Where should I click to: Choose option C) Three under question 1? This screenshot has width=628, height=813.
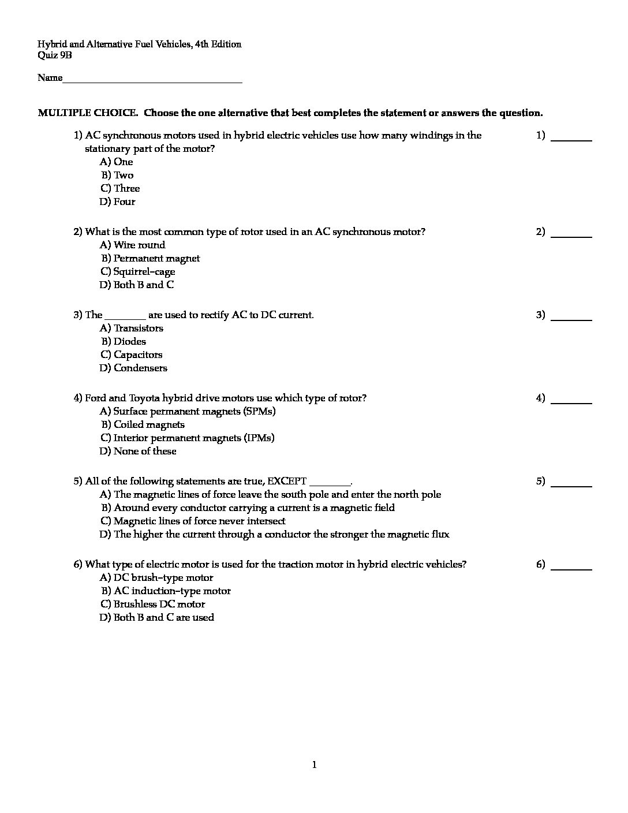tap(120, 188)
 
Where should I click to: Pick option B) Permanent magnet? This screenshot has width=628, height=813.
tap(151, 258)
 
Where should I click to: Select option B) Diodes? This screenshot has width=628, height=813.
tap(124, 341)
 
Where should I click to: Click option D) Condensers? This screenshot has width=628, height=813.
tap(133, 368)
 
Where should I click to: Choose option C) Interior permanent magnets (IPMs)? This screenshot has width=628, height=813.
tap(188, 438)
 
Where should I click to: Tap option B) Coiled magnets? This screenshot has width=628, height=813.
tap(143, 424)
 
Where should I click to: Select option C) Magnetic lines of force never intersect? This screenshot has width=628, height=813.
tap(193, 521)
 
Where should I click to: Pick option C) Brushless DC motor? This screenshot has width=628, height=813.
tap(153, 604)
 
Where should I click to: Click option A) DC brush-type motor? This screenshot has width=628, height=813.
tap(156, 577)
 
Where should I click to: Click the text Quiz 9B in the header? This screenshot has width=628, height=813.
tap(55, 55)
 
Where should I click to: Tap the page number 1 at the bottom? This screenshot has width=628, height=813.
tap(314, 766)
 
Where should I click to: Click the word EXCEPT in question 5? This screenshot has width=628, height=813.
tap(287, 481)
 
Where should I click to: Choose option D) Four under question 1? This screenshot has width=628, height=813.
tap(118, 202)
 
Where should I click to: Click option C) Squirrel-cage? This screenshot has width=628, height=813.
tap(138, 271)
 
